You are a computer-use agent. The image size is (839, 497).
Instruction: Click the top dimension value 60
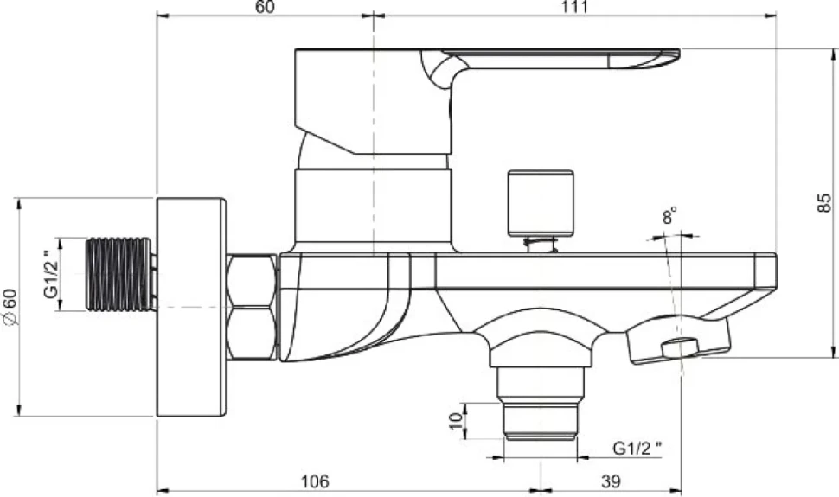(x=265, y=7)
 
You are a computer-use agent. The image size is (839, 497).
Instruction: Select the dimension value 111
(x=575, y=7)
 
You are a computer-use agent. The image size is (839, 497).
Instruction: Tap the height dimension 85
(x=824, y=203)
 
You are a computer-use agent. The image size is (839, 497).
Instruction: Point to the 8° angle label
(x=669, y=217)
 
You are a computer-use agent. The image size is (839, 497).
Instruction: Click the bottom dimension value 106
(x=315, y=481)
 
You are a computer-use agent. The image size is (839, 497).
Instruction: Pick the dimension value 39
(x=611, y=481)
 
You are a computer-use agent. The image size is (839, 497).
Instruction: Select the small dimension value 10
(x=455, y=421)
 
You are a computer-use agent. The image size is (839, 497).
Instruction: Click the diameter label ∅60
(x=10, y=307)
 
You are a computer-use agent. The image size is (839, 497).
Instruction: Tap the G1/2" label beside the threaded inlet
(x=50, y=274)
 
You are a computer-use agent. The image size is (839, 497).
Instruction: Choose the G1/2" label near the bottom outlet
(x=637, y=448)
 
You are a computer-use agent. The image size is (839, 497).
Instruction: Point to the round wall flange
(x=191, y=307)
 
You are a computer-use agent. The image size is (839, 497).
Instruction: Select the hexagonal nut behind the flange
(x=252, y=307)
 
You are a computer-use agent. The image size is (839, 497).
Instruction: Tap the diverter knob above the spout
(x=541, y=203)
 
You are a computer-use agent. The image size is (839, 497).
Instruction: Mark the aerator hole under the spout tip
(x=680, y=347)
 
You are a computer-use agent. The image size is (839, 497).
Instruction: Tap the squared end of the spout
(x=765, y=271)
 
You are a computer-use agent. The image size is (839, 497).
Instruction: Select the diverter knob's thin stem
(x=541, y=244)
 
